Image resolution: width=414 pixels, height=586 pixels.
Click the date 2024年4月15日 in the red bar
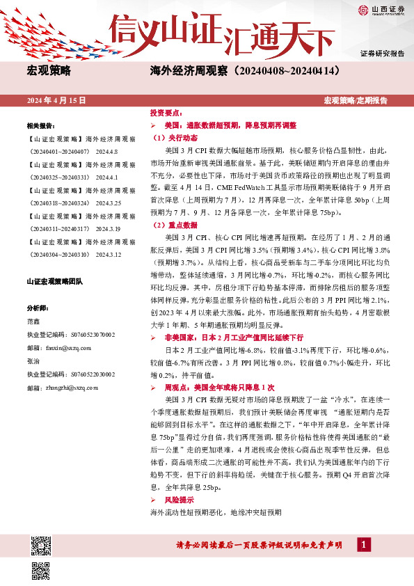pos(56,100)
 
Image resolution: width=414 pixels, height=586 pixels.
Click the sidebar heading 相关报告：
pos(41,125)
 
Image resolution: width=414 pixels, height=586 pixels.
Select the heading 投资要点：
pos(167,113)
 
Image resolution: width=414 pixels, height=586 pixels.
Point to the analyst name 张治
pos(33,361)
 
